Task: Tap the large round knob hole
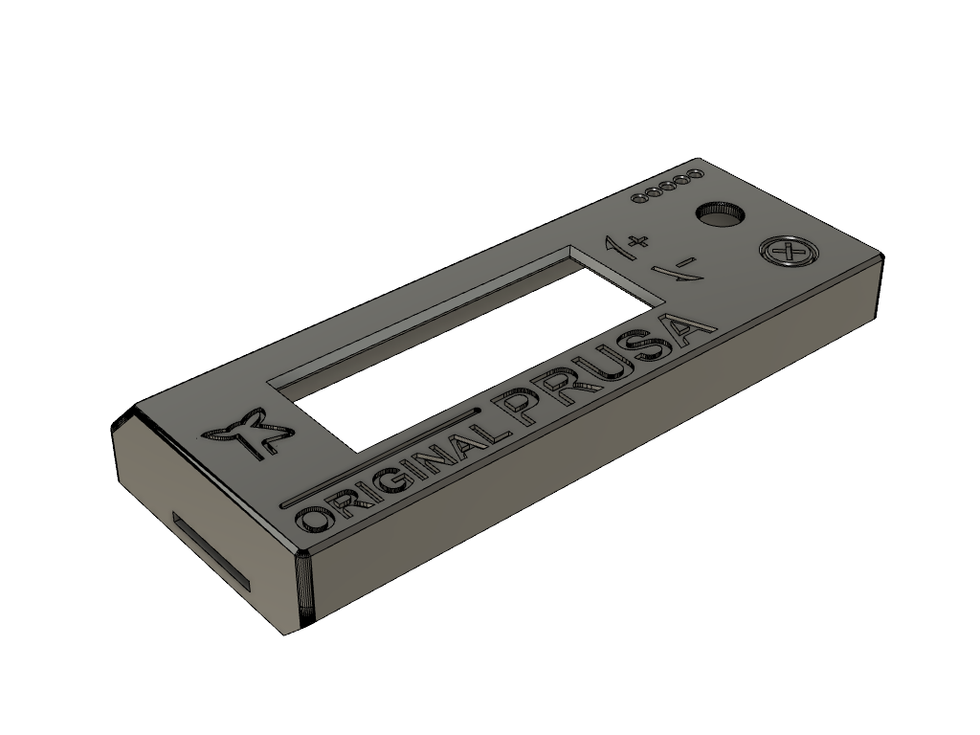coord(720,215)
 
